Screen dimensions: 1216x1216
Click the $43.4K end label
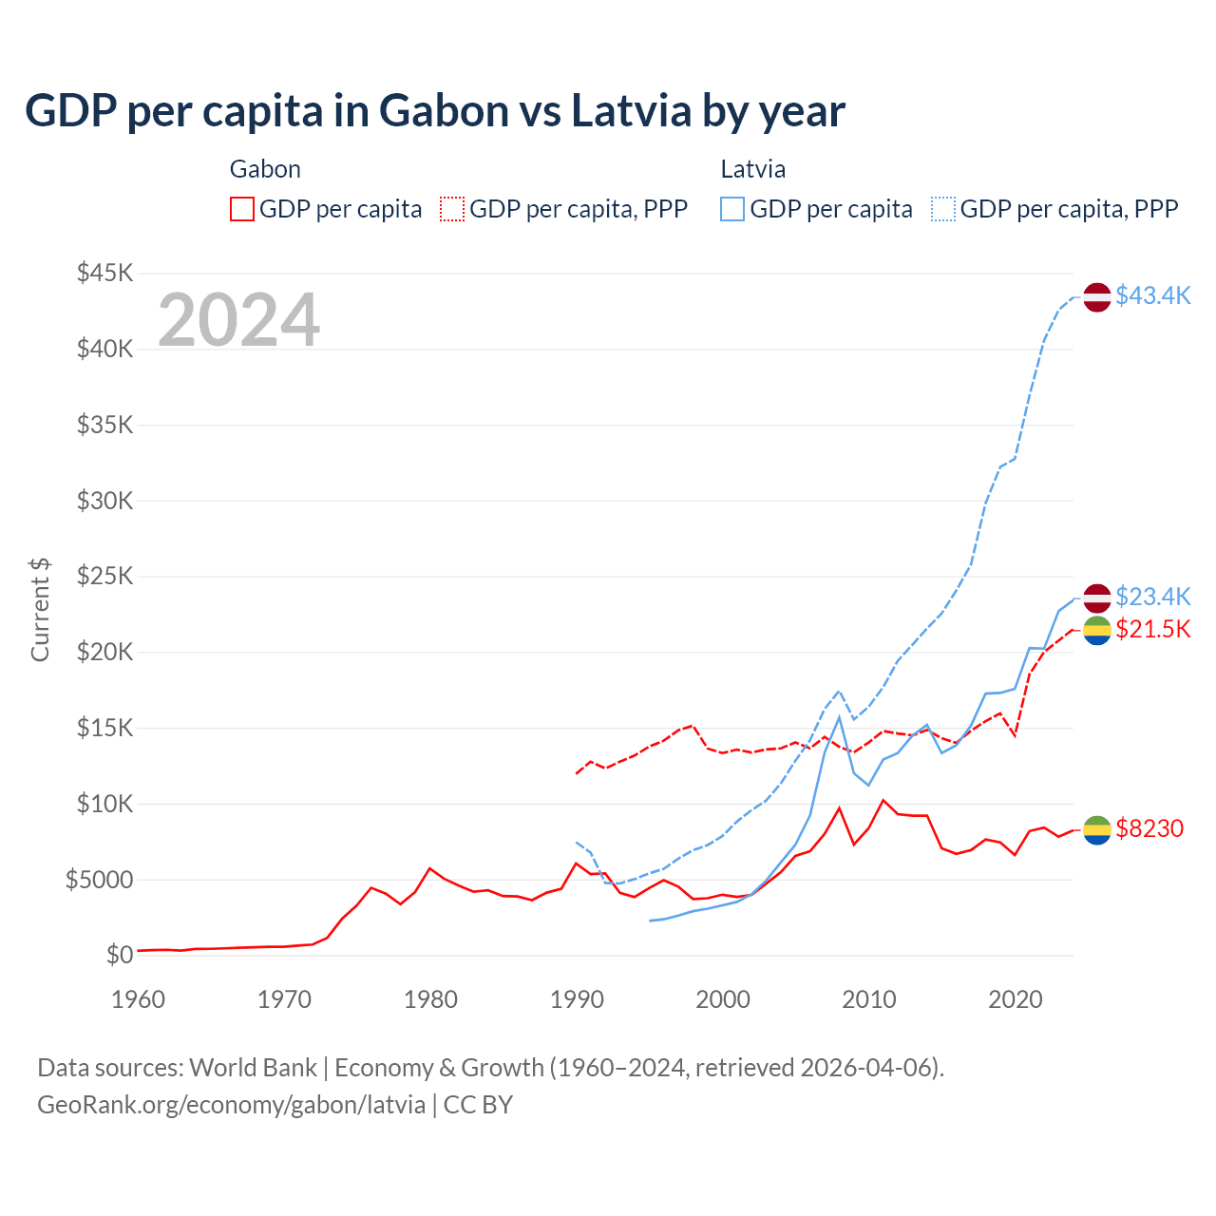1152,295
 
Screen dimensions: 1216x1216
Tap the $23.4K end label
1152,597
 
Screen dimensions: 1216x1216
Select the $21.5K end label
1152,629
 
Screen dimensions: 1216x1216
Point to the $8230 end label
1149,828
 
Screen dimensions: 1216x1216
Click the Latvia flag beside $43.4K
1097,297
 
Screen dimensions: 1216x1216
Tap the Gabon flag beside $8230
1097,829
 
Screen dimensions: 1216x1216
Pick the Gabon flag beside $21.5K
1097,630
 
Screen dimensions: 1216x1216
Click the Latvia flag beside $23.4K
1097,598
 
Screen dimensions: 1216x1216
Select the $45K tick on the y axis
105,274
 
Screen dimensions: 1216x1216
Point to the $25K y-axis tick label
105,577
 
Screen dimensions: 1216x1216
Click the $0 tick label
120,955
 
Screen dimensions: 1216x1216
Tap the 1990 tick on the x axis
577,999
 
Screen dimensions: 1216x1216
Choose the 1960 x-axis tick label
139,999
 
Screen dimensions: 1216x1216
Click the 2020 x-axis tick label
1016,999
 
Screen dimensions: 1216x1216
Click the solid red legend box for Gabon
242,209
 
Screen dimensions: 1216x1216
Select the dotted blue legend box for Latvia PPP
943,209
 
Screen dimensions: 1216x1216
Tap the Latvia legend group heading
752,169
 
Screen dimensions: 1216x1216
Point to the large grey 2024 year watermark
238,320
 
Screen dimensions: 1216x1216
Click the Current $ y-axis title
40,610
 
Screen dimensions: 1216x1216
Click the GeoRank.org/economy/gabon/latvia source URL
231,1105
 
